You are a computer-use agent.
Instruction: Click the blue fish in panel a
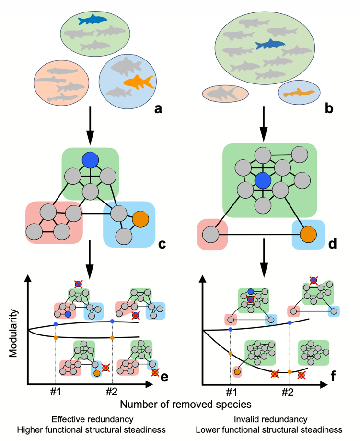tap(93, 20)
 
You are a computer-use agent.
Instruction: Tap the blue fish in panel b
tap(270, 45)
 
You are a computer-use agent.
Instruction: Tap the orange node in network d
tap(308, 235)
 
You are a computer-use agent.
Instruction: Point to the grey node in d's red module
tap(212, 235)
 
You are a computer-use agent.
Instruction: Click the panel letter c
tap(162, 244)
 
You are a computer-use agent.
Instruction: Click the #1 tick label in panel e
tap(56, 391)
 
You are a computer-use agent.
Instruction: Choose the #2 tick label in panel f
tap(288, 391)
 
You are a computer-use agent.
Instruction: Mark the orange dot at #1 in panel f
tap(231, 353)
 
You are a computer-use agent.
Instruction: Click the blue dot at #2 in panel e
tap(112, 321)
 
